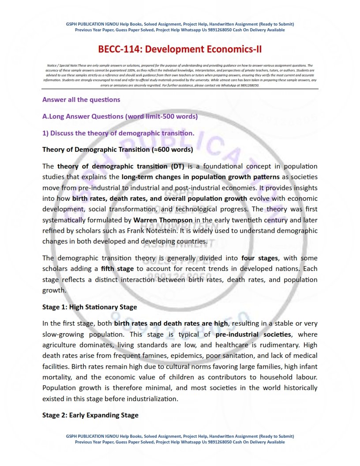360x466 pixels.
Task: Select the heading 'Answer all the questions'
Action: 81,100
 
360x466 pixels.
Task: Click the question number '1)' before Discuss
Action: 45,133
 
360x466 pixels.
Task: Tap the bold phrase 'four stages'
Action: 260,258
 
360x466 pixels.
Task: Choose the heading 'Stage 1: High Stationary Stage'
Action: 90,307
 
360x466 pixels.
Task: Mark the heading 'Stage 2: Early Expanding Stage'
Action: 90,415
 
